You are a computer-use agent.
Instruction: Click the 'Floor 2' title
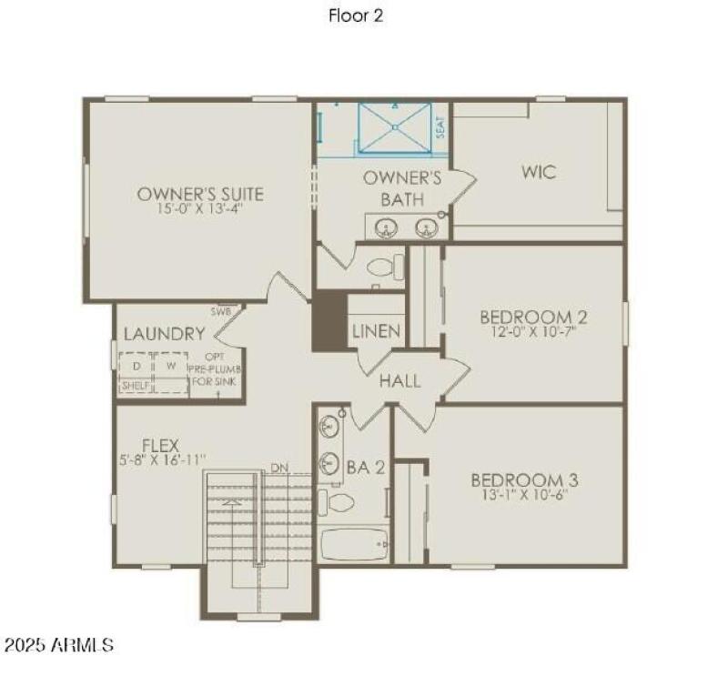[x=356, y=16]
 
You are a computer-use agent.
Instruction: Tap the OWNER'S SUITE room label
[x=200, y=193]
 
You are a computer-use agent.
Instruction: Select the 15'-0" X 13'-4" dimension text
[x=200, y=208]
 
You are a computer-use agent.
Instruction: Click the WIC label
[x=539, y=171]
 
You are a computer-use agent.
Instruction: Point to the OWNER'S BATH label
[x=402, y=188]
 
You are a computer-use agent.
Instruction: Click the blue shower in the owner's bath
[x=393, y=127]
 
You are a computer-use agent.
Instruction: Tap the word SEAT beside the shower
[x=440, y=126]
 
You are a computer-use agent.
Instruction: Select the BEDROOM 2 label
[x=533, y=317]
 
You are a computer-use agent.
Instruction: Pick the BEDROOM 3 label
[x=524, y=479]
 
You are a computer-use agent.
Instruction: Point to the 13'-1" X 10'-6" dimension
[x=524, y=495]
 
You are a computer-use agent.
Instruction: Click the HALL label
[x=400, y=380]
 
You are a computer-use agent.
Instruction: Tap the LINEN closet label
[x=376, y=331]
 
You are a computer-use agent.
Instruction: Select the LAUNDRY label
[x=164, y=334]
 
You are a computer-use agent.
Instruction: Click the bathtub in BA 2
[x=354, y=544]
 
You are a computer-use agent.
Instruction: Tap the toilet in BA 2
[x=338, y=501]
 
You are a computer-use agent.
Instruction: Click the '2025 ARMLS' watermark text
[x=59, y=645]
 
